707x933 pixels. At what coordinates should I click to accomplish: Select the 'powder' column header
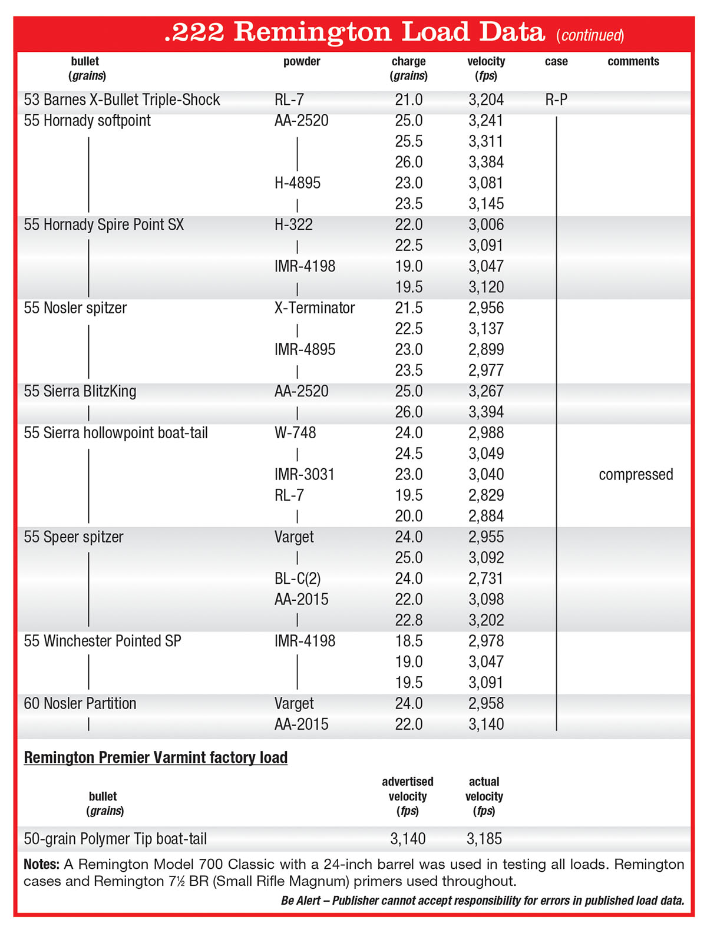(302, 61)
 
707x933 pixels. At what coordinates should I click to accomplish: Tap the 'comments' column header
(633, 61)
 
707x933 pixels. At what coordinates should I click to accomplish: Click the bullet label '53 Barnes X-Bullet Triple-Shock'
(122, 100)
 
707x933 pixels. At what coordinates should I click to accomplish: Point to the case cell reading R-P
(556, 100)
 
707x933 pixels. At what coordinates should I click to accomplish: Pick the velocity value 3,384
(486, 162)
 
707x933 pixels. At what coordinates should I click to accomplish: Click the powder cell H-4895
(298, 183)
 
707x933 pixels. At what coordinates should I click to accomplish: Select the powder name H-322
(293, 224)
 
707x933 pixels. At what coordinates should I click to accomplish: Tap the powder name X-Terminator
(315, 308)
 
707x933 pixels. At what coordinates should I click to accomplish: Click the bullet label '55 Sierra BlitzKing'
(80, 391)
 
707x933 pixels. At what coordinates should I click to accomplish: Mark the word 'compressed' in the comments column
(636, 475)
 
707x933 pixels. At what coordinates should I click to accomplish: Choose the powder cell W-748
(295, 433)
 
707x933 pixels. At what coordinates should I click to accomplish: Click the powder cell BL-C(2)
(298, 578)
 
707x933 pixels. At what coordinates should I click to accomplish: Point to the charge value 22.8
(409, 620)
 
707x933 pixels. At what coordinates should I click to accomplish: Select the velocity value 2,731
(486, 578)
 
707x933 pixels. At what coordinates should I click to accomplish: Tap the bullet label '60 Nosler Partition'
(80, 703)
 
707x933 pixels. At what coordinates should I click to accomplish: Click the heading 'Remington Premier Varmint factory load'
(156, 757)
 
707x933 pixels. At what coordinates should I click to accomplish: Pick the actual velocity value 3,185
(484, 839)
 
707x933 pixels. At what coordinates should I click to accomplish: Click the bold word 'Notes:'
(41, 865)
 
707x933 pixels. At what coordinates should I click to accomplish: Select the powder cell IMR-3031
(305, 475)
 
